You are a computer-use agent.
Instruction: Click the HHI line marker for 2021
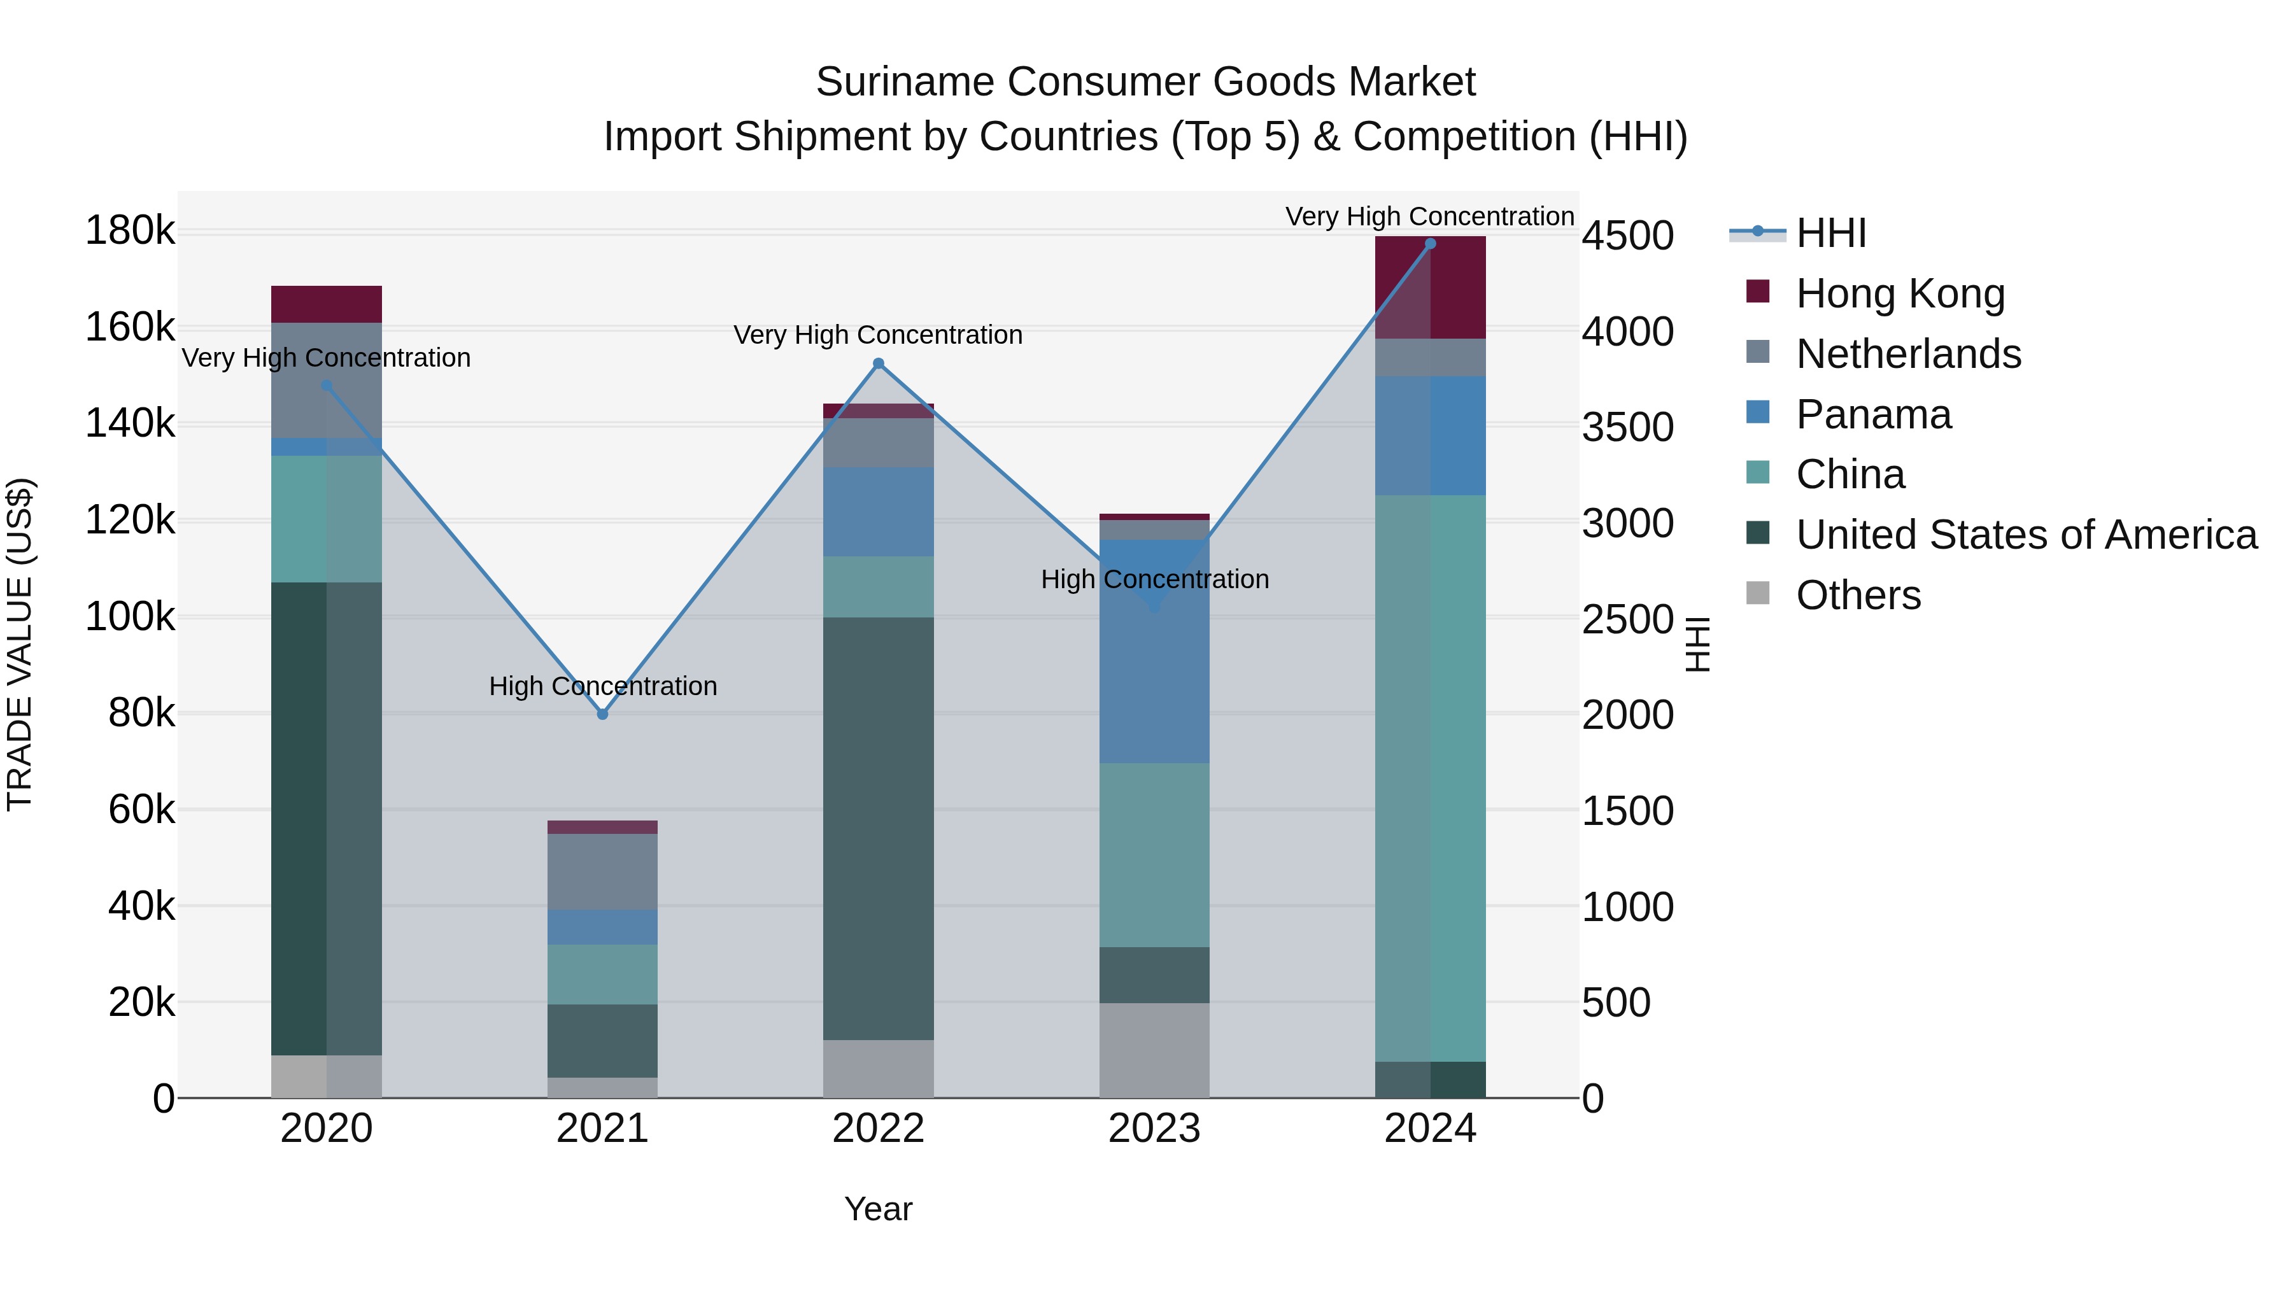click(x=602, y=714)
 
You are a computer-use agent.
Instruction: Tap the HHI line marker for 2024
click(x=1430, y=244)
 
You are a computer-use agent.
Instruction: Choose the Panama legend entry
click(x=1873, y=414)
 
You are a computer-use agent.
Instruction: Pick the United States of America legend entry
click(x=2026, y=535)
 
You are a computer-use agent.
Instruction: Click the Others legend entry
click(x=1858, y=595)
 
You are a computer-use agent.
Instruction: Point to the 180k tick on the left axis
click(x=130, y=231)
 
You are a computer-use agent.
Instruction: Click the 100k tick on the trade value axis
click(x=130, y=616)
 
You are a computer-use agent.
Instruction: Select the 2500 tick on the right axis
click(x=1627, y=619)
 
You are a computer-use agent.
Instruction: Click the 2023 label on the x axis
click(x=1154, y=1129)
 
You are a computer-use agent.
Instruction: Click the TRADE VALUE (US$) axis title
click(x=20, y=644)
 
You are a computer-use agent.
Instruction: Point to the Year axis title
click(x=878, y=1209)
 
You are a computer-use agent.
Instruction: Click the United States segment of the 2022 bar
click(x=878, y=828)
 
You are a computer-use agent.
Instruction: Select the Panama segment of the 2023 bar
click(x=1154, y=651)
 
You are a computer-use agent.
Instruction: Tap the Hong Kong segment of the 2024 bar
click(x=1430, y=287)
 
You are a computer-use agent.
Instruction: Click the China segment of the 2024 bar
click(x=1430, y=778)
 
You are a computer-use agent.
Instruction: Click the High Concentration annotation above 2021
click(x=602, y=686)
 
